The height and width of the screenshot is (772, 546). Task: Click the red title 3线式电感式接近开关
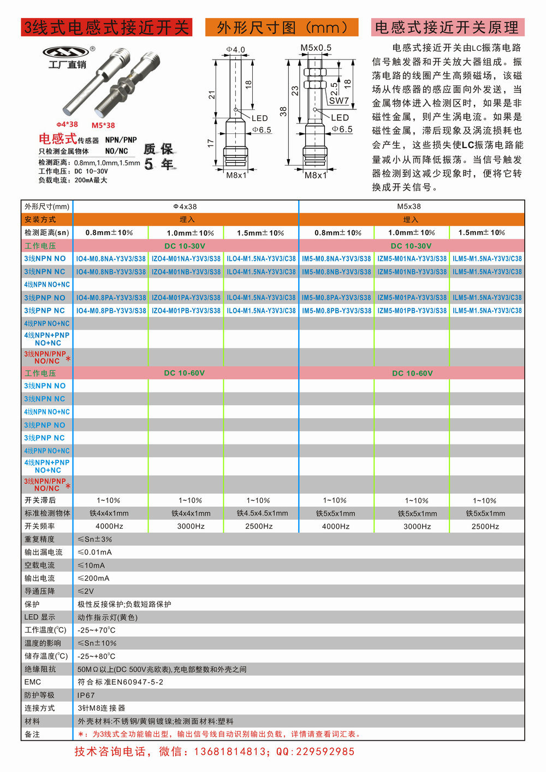point(106,27)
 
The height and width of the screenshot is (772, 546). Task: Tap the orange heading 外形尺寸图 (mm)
point(282,27)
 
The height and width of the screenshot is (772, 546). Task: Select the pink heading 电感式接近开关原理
point(447,27)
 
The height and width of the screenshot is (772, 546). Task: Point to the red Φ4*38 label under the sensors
point(67,125)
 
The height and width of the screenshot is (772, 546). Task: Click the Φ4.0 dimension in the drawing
point(236,50)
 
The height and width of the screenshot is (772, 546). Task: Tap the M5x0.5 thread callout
point(316,48)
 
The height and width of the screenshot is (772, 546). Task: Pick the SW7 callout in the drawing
point(339,101)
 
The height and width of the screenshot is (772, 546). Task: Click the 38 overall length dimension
point(283,111)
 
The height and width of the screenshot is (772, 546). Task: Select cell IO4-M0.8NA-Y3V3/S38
point(111,259)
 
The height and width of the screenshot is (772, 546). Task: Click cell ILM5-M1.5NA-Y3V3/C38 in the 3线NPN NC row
point(487,272)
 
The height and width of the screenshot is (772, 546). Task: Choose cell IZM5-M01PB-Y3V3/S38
point(412,311)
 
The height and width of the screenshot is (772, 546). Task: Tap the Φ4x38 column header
point(185,207)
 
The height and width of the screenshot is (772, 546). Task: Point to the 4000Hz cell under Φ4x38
point(109,527)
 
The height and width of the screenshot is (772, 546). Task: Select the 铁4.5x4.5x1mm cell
point(262,513)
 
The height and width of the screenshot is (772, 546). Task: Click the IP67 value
point(86,695)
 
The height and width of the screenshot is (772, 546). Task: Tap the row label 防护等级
point(39,695)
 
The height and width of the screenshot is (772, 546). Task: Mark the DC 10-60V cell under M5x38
point(412,373)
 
